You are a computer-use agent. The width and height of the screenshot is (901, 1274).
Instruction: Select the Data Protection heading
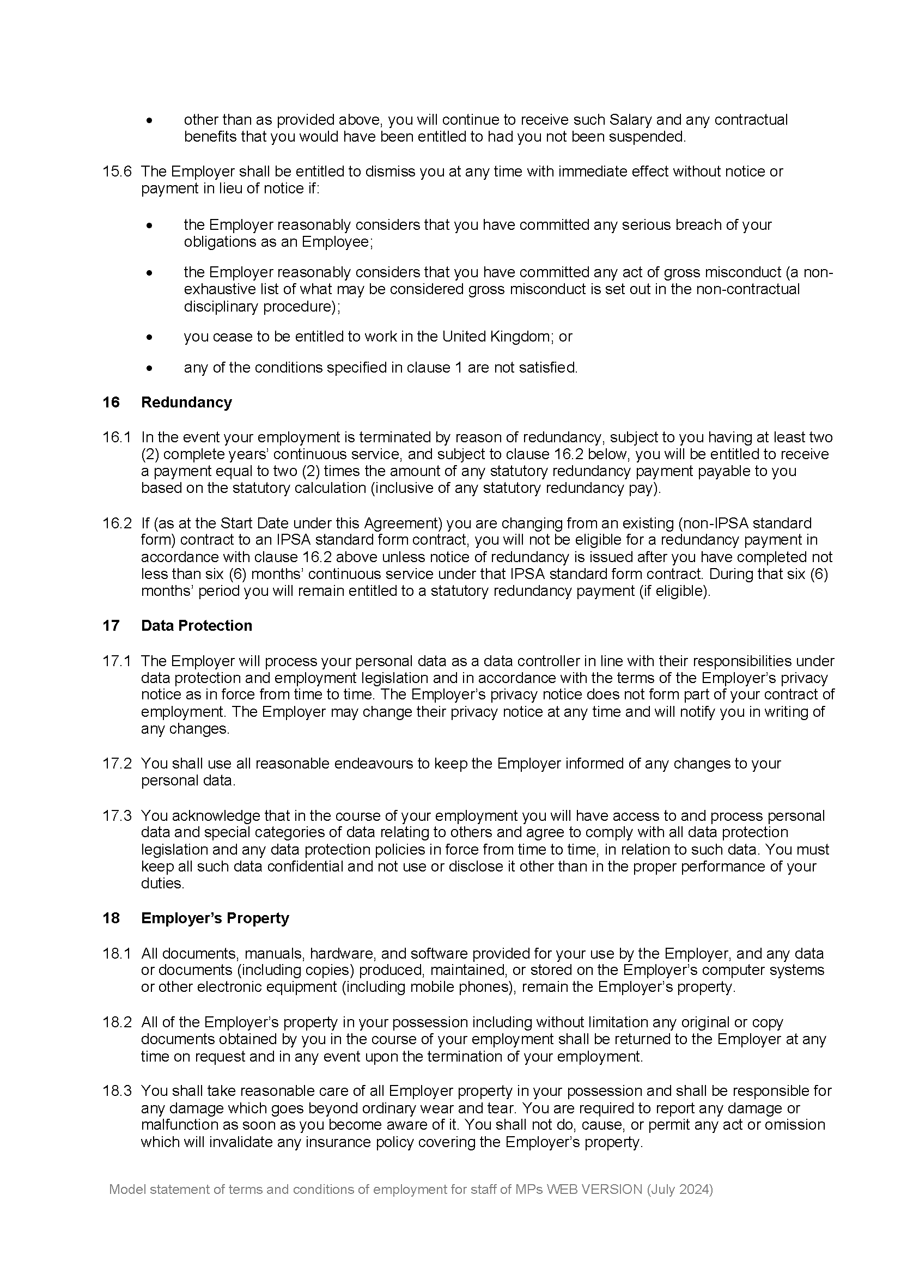[x=197, y=625]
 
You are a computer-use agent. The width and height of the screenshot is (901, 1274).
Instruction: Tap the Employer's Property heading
[x=215, y=918]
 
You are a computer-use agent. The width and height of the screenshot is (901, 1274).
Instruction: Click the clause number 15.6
[x=117, y=172]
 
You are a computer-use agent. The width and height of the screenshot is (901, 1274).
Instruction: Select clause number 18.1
[x=117, y=953]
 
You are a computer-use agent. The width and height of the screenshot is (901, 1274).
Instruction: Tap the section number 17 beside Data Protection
[x=111, y=625]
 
